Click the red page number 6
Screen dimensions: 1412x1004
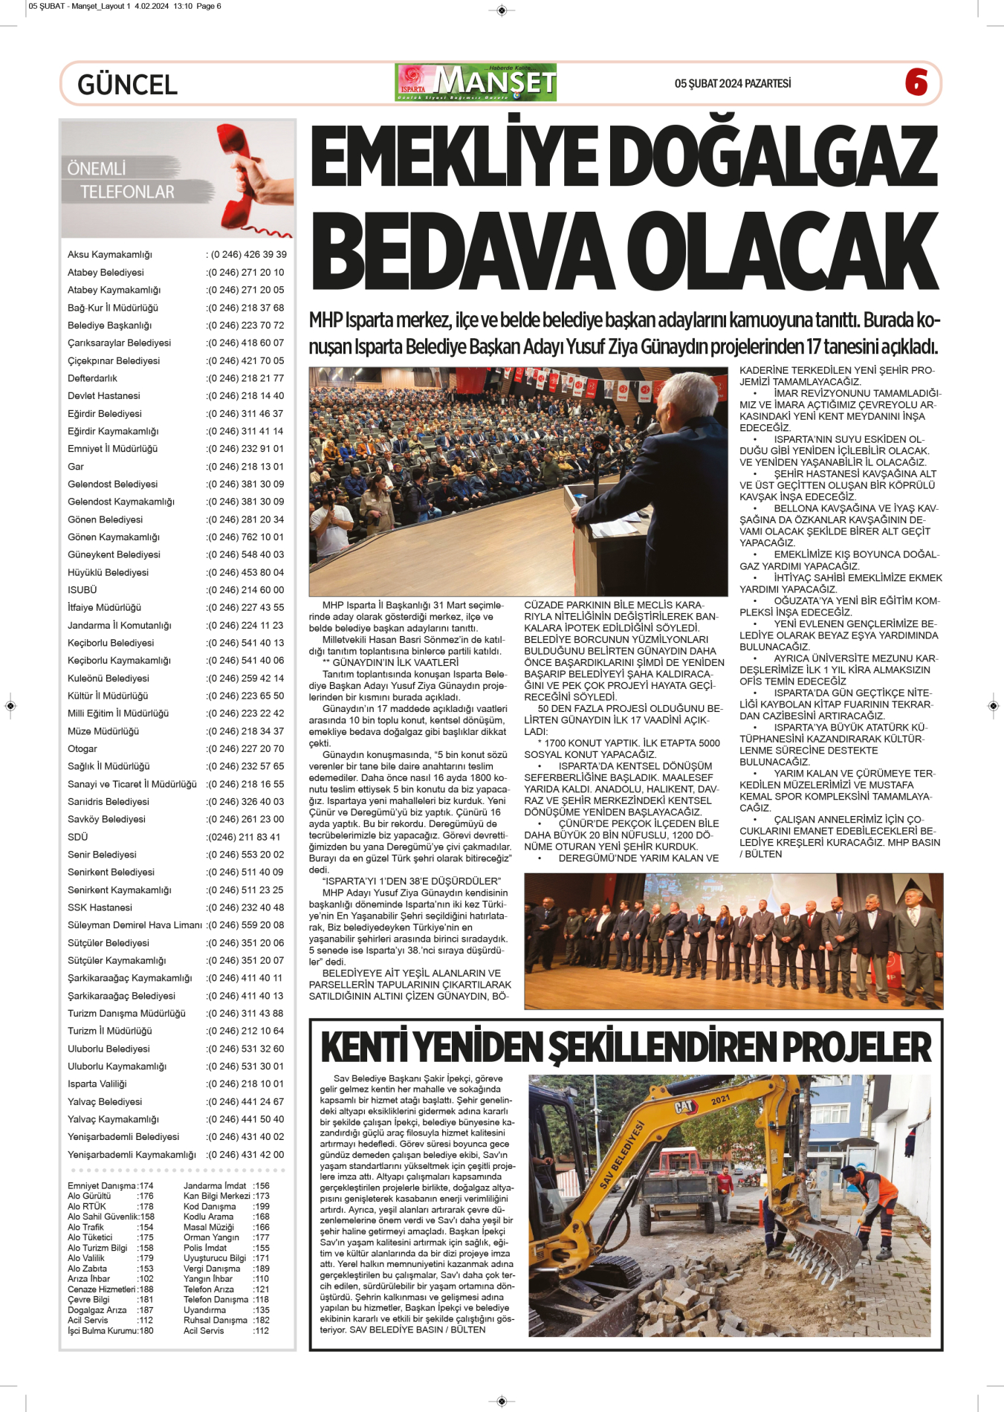[x=916, y=82]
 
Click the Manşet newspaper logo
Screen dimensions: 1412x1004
[x=476, y=82]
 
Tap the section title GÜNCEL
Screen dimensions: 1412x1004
[x=127, y=85]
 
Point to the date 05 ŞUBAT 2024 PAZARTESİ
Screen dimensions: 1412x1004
[x=732, y=83]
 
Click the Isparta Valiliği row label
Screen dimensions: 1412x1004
[x=97, y=1084]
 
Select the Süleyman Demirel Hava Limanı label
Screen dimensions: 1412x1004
[x=135, y=925]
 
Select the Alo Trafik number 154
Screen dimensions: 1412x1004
[x=146, y=1228]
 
